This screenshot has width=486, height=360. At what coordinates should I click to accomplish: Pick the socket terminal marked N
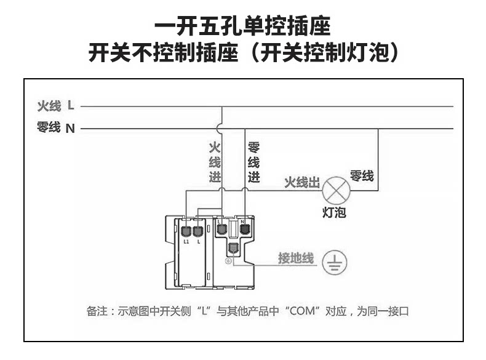click(244, 229)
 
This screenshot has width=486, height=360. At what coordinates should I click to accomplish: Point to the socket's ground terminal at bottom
click(233, 249)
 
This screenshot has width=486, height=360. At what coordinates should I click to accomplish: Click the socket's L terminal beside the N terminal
click(221, 229)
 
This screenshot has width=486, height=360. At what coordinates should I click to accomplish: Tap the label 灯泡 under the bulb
click(335, 212)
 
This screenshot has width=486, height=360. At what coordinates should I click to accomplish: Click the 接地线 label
click(295, 258)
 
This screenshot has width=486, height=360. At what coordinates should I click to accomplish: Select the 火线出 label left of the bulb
click(301, 183)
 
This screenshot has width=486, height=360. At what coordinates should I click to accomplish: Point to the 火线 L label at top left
click(56, 106)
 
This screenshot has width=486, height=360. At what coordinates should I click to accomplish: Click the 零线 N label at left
click(56, 128)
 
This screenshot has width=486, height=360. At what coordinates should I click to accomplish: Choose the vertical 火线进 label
click(215, 162)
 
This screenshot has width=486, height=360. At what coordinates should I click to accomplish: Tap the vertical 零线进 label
click(253, 162)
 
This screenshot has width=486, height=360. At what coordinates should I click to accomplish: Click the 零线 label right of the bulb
click(362, 175)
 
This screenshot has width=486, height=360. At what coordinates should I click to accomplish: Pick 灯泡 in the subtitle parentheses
click(372, 52)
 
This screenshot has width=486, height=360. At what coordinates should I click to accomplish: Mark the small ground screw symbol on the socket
click(228, 261)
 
